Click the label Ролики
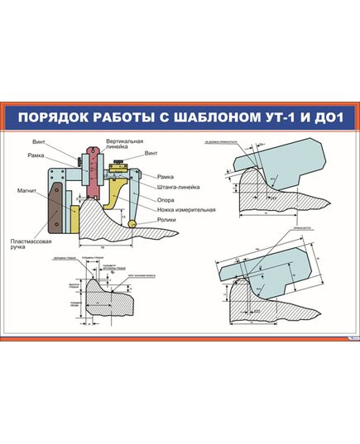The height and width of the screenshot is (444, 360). [168, 221]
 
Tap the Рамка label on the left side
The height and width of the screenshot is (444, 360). [36, 155]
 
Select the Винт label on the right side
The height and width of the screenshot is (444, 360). [150, 154]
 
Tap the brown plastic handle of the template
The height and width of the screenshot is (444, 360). [55, 207]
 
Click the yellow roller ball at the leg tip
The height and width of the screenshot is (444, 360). [132, 224]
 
